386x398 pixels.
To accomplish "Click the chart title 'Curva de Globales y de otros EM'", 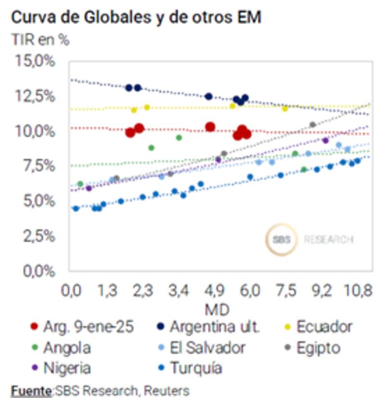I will (x=136, y=18).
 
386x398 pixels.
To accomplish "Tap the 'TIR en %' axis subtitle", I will (x=40, y=40).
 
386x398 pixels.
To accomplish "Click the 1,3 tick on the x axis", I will (x=107, y=291).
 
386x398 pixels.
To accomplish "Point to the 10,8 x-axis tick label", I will (x=359, y=291).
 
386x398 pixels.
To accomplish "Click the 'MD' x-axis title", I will (x=217, y=308).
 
